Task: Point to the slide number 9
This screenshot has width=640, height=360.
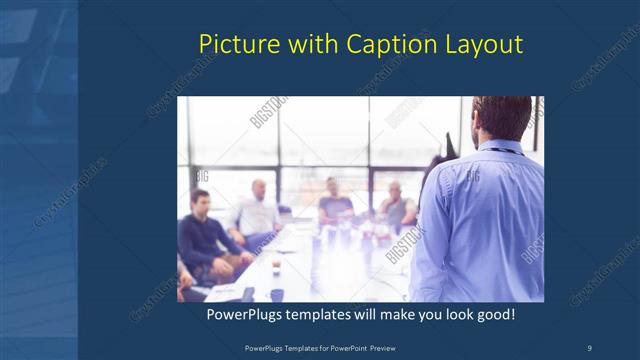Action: [x=589, y=346]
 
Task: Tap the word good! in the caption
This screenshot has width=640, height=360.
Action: [x=494, y=314]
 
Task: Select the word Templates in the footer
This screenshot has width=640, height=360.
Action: [x=294, y=346]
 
